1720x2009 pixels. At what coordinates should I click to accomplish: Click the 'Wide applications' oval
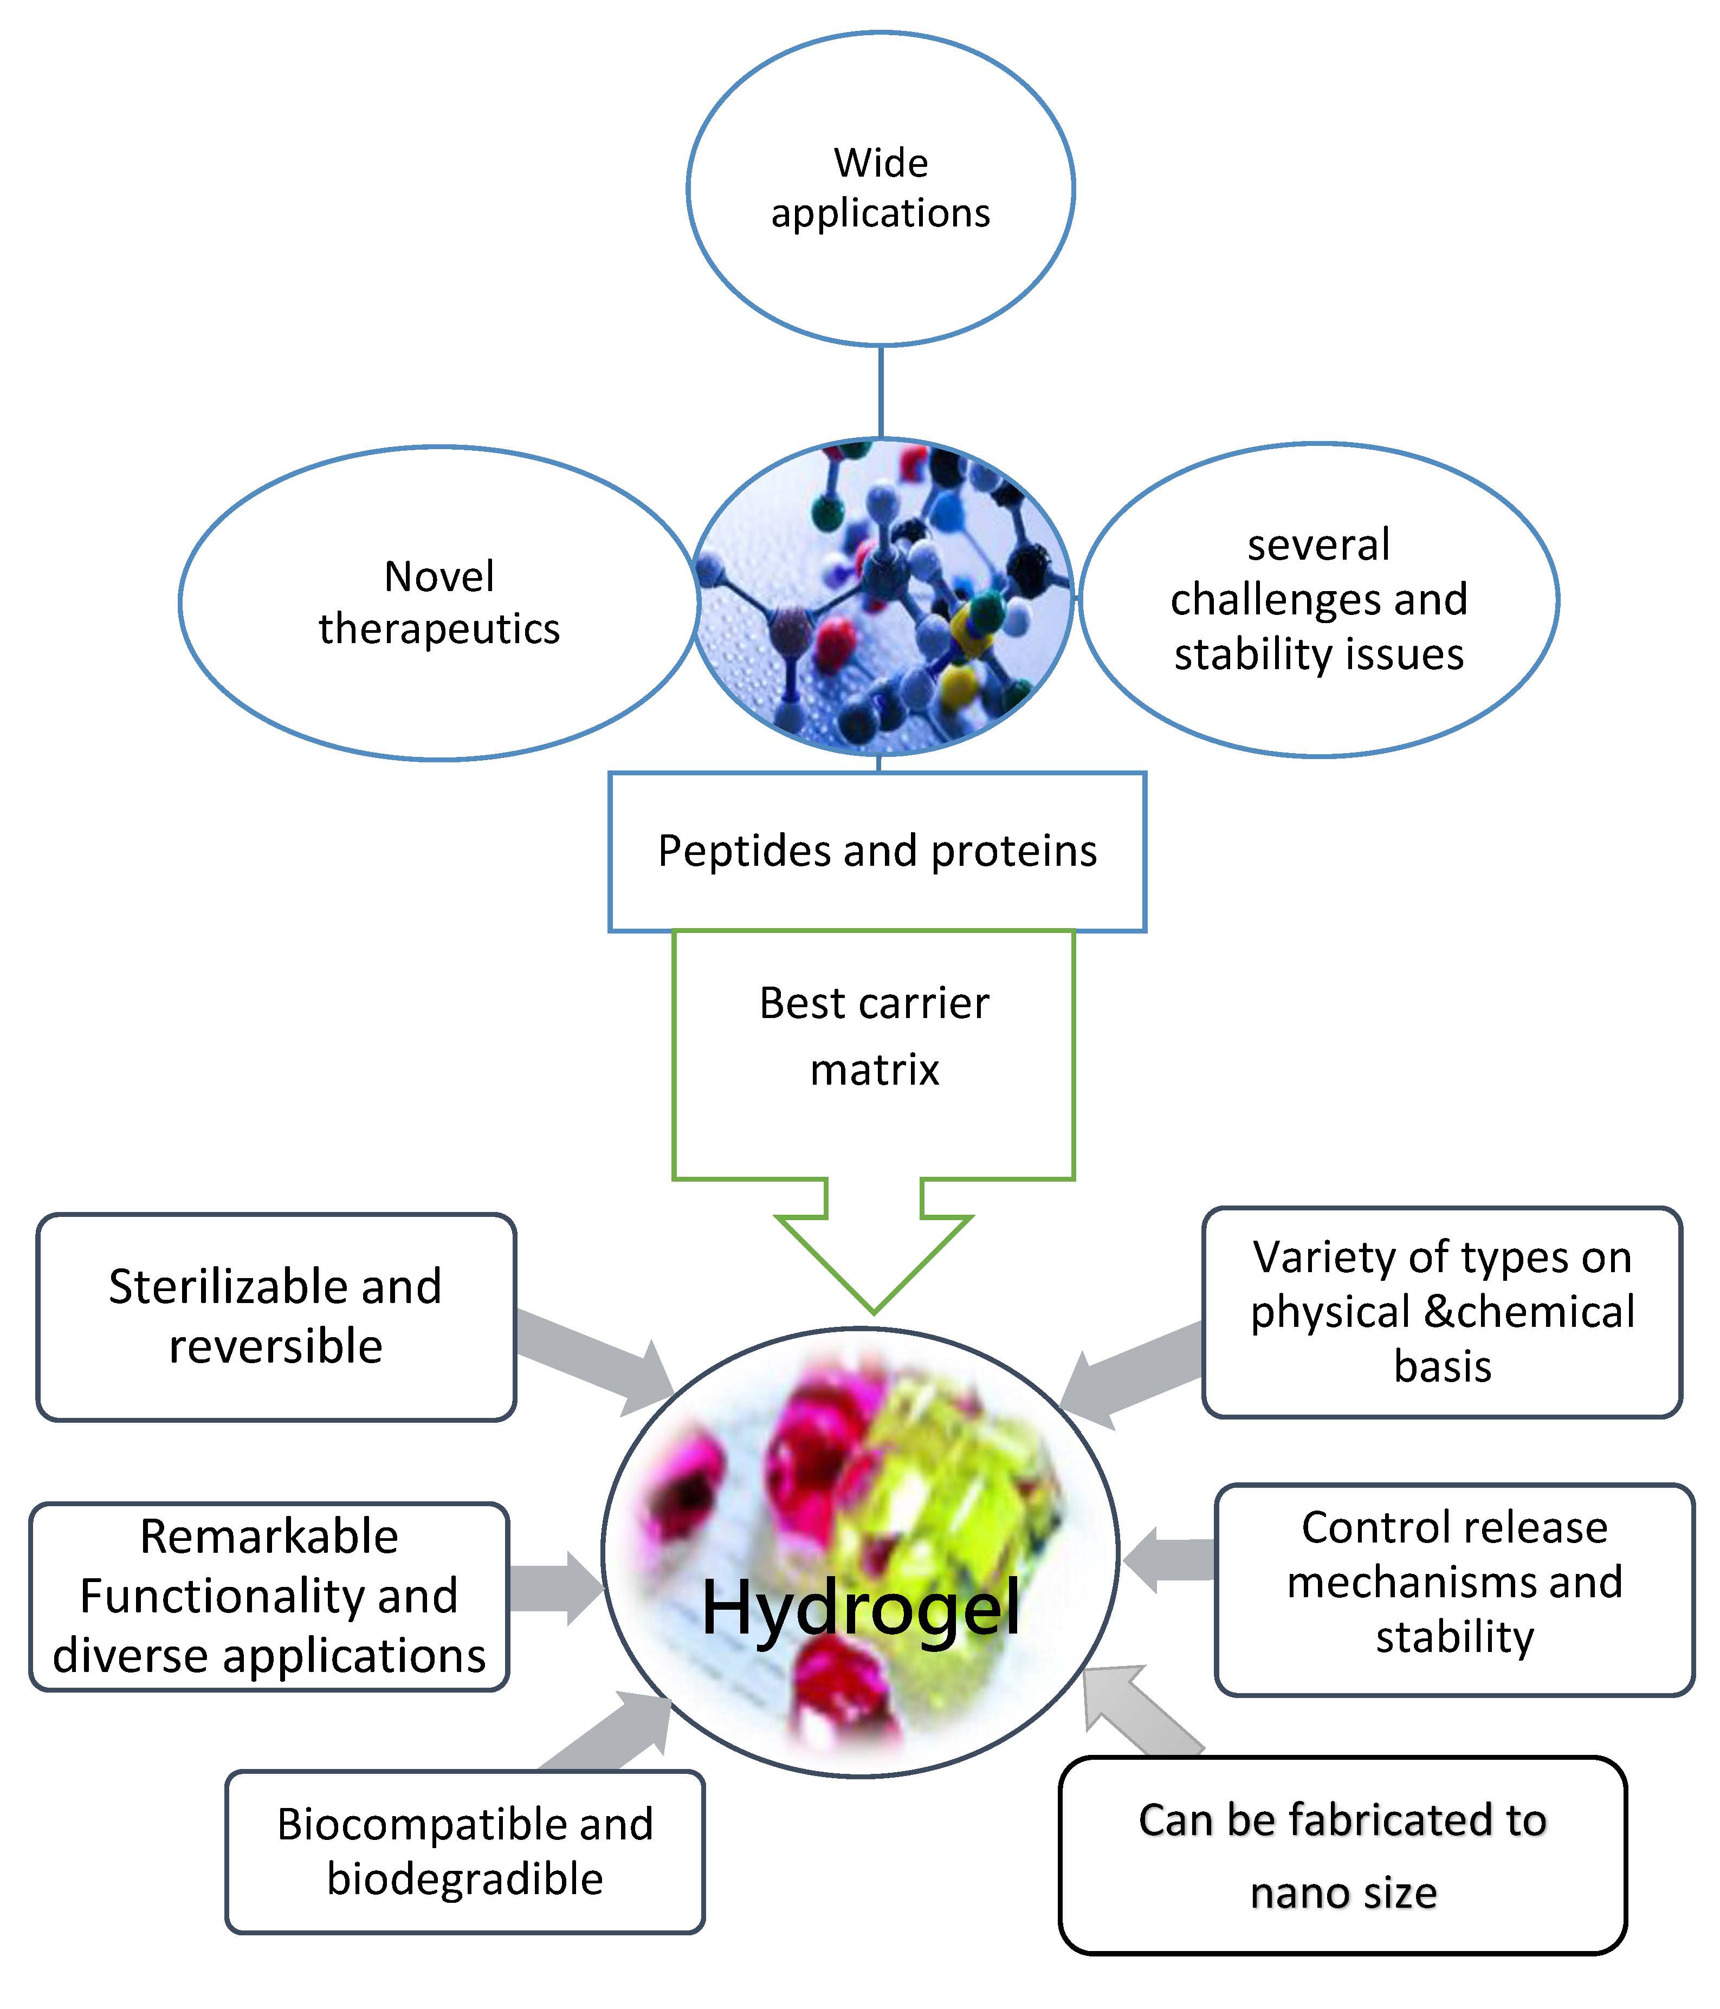point(881,188)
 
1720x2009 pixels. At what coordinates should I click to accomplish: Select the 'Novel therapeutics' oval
point(438,603)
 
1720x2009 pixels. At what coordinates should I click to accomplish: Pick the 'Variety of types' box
point(1442,1312)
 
